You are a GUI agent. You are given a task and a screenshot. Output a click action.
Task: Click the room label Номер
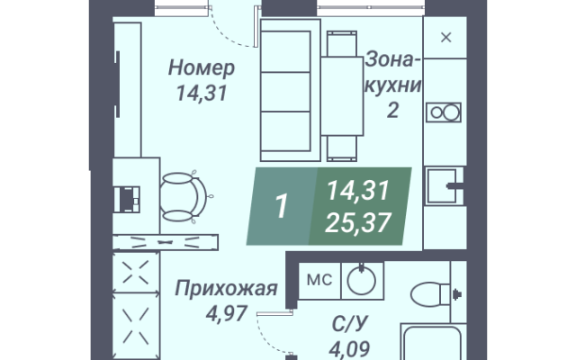coord(202,68)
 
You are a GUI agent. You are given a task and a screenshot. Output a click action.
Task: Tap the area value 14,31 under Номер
coord(202,93)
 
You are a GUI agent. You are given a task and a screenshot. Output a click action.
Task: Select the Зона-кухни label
coord(392,72)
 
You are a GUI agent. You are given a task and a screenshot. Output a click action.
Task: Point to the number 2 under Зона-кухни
coord(392,110)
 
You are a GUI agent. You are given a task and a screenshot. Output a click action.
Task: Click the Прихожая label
coord(226,288)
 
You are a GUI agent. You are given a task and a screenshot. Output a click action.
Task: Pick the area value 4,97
coord(226,314)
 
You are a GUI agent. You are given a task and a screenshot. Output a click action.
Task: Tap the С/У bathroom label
coord(349,324)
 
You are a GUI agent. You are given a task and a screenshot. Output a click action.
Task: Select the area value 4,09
coord(349,348)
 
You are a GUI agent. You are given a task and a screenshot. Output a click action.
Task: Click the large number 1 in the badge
coord(282,206)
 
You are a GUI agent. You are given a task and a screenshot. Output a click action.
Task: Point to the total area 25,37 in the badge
coord(358,223)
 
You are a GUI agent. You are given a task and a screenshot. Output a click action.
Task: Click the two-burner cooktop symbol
coord(444,112)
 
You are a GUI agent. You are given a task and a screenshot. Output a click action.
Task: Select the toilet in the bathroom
coord(430,294)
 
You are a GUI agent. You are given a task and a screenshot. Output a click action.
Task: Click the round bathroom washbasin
coord(362,281)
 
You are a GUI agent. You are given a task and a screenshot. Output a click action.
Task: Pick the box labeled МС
coord(319,281)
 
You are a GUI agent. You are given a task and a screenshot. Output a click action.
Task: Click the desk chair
coord(183,197)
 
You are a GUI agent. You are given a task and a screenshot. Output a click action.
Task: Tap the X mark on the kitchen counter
coord(446,38)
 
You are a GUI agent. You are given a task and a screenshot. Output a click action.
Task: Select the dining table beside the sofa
coord(342,96)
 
